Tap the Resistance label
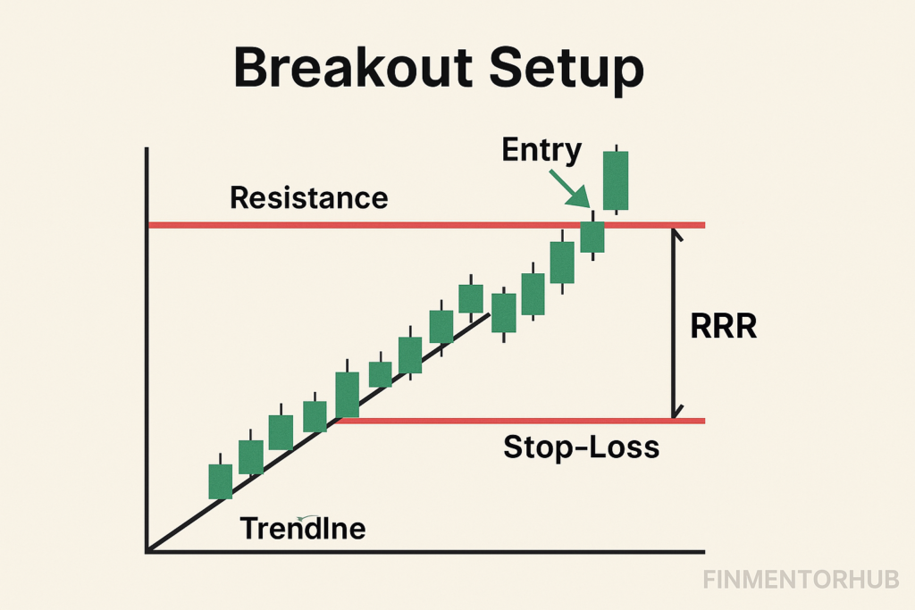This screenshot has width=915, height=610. coord(308,197)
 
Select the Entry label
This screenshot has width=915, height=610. coord(541,150)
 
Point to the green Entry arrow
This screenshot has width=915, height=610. coord(569,189)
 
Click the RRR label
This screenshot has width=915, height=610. coord(723,326)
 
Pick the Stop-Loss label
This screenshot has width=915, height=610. coord(581,447)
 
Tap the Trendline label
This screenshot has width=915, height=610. coord(303,529)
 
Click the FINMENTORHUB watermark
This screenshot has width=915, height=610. coord(801,580)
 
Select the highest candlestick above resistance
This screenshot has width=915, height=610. coord(616,180)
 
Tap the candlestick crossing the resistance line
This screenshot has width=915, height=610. coord(592,236)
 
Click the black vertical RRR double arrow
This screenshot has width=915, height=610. coord(674,323)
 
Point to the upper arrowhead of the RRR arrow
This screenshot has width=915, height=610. coord(676,233)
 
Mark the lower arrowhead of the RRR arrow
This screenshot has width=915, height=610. coord(676,413)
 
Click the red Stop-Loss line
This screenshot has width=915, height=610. coord(521,421)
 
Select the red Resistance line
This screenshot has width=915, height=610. coord(426,225)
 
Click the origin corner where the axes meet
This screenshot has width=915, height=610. coord(147,550)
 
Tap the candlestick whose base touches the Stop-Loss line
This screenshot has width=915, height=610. coord(348,395)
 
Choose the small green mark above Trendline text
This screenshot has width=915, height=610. coord(302,518)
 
